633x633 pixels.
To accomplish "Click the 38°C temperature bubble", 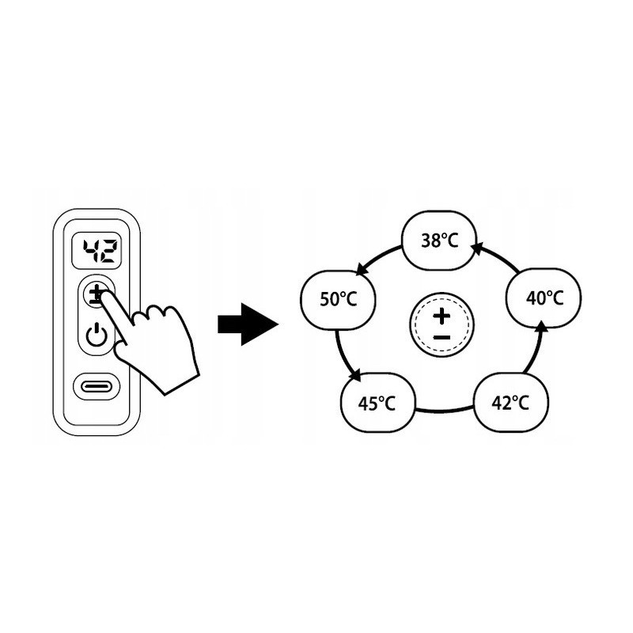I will (x=440, y=240).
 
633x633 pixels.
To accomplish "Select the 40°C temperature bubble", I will (x=544, y=298).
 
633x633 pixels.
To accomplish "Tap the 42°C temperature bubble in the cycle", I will (x=510, y=403).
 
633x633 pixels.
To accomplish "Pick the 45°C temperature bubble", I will (x=377, y=404).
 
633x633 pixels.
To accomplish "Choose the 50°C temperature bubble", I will (x=339, y=299).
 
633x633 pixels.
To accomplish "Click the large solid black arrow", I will (x=247, y=324).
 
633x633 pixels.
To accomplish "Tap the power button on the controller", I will (x=97, y=335).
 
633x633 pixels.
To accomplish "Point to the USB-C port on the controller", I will (x=97, y=386).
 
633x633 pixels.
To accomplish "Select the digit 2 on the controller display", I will (x=108, y=252).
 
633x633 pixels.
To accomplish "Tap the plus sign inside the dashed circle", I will (x=442, y=316).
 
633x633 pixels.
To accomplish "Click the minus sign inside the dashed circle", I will (x=442, y=338).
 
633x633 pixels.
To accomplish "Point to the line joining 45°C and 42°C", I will (x=443, y=411).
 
